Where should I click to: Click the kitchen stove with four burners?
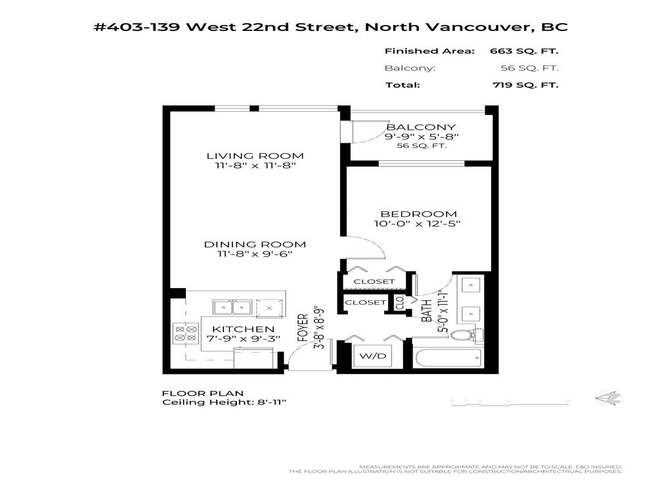coord(185,333)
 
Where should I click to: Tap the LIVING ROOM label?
coord(255,156)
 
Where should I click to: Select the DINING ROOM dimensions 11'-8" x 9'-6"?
coord(255,254)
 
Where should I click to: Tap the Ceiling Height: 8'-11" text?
coord(223,402)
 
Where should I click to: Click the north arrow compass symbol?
coord(608,399)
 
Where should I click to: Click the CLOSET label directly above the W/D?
coord(365,302)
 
